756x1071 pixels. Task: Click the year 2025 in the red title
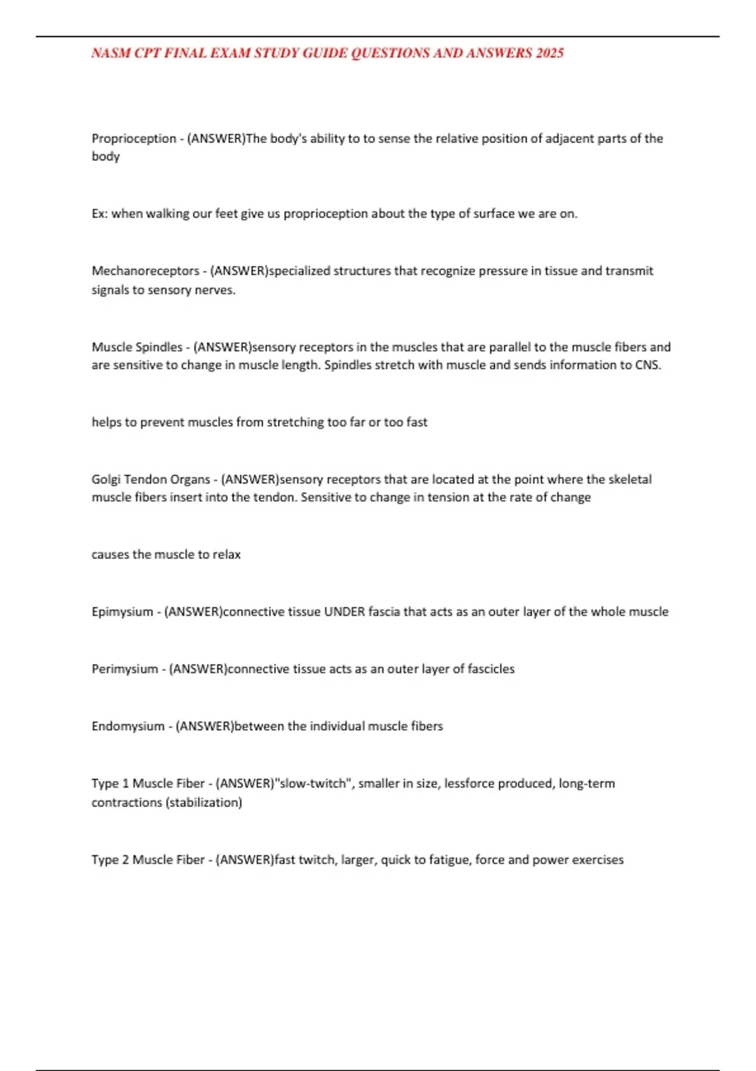tap(550, 53)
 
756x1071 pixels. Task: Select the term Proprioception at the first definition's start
tap(134, 139)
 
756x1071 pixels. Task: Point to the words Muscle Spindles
tap(137, 347)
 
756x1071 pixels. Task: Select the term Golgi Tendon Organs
tap(151, 479)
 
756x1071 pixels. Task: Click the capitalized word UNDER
tap(345, 612)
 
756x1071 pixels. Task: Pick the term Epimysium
tap(122, 612)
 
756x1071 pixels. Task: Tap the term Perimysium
tap(125, 669)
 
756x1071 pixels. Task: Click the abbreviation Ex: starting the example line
tap(100, 214)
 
